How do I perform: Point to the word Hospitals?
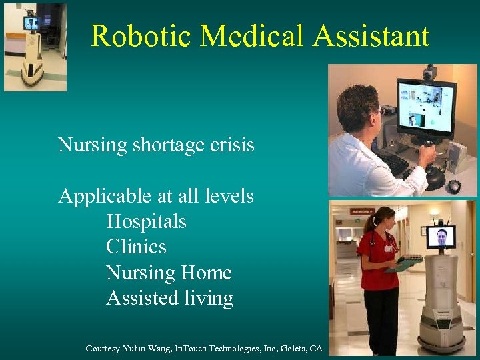146,221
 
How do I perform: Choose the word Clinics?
136,247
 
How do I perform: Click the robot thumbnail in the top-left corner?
35,47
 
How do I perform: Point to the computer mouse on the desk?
454,185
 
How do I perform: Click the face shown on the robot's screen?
441,237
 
